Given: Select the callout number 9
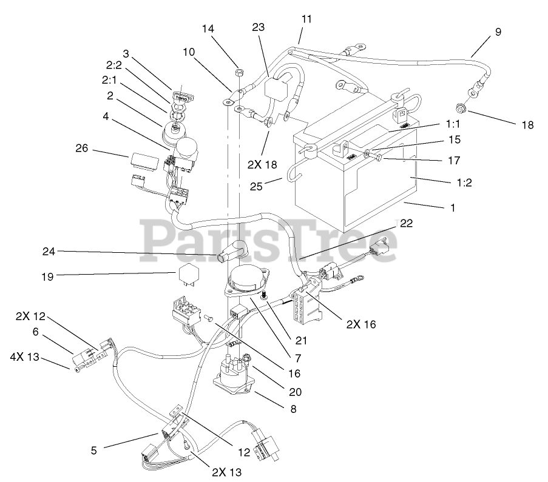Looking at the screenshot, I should (498, 32).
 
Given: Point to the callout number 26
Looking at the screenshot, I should (84, 147).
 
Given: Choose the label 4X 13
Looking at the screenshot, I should (24, 358).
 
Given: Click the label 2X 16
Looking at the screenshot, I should (361, 324).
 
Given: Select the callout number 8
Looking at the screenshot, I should (294, 408).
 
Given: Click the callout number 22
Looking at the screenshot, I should (406, 223).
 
